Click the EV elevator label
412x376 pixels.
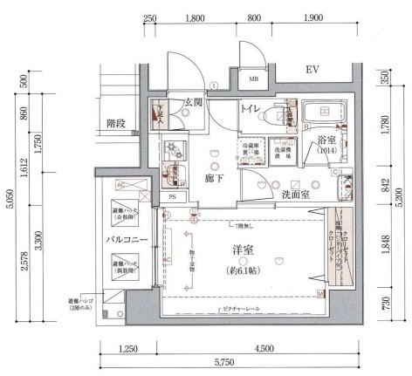(x=312, y=69)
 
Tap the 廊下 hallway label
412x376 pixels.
(x=216, y=178)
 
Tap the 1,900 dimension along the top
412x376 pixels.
(x=309, y=17)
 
